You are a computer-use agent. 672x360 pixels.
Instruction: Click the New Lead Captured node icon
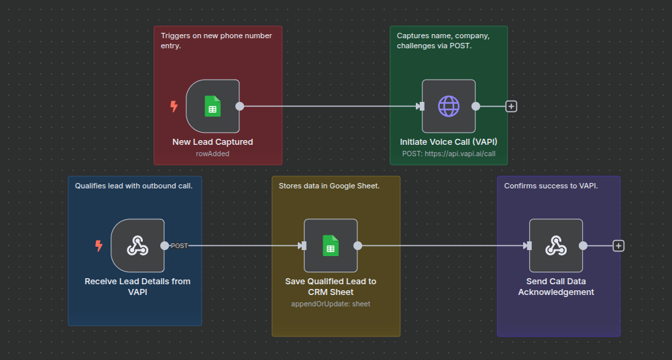coord(213,106)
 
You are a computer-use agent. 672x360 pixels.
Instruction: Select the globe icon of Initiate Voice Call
coord(449,106)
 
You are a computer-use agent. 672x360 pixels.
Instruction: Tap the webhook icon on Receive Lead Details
coord(137,245)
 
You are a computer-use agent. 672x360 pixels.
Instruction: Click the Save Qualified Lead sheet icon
coord(330,245)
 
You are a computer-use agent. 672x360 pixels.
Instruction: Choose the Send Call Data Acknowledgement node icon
coord(555,245)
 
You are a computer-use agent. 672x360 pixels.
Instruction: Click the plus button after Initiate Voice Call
coord(511,106)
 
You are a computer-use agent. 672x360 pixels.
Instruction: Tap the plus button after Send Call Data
coord(618,246)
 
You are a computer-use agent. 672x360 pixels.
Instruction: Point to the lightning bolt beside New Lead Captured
coord(174,106)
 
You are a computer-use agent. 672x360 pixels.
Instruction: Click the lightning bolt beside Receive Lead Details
coord(99,246)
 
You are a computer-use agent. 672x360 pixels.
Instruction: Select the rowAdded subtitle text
coord(212,154)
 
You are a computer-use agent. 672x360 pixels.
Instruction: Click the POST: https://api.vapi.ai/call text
coord(449,154)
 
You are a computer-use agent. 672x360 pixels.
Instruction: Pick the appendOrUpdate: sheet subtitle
coord(330,304)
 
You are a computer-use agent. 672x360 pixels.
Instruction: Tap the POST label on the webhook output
coord(179,246)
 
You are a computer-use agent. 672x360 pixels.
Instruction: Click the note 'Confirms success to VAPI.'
coord(551,186)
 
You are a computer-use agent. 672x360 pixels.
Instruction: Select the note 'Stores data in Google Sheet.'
coord(329,186)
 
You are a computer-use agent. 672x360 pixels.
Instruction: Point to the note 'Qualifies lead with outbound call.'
coord(133,186)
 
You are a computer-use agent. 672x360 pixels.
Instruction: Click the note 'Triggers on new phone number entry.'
coord(216,40)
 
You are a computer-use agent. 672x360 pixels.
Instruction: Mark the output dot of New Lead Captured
coord(239,106)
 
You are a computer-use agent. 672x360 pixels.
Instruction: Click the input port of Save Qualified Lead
coord(302,246)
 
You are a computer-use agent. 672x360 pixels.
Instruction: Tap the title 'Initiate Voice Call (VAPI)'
coord(449,142)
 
